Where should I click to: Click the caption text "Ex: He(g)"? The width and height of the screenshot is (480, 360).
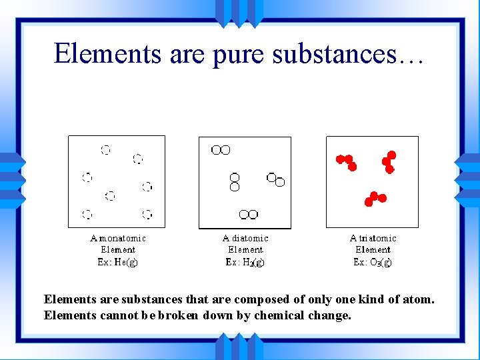(118, 262)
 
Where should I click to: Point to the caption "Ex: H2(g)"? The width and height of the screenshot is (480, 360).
(245, 262)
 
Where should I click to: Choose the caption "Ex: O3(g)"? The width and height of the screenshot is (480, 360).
(373, 262)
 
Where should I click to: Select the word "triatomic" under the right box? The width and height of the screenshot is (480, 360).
(377, 238)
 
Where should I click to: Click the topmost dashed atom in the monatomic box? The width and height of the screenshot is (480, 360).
(105, 149)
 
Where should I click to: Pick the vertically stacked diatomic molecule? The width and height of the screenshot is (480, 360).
(235, 181)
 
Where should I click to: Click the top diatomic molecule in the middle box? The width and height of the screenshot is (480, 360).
(221, 150)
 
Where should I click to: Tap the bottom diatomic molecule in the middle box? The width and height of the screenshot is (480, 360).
(249, 214)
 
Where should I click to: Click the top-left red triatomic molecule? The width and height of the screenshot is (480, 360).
(347, 161)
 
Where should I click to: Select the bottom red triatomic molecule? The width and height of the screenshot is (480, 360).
(375, 198)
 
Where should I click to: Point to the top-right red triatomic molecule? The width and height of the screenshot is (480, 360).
(389, 161)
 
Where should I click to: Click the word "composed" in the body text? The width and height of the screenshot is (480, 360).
(261, 299)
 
